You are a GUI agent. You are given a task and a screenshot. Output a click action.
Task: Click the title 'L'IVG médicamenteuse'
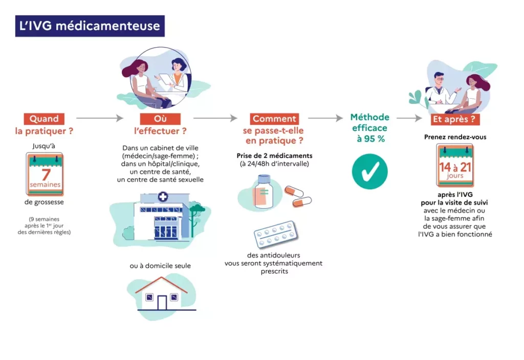90,26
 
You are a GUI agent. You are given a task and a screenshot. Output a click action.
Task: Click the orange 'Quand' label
43,119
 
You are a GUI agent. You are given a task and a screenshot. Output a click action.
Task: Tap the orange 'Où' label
160,119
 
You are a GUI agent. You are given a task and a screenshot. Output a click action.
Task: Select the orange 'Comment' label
274,119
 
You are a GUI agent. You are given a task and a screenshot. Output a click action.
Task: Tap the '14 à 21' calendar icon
455,166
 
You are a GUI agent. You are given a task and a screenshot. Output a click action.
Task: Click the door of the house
162,302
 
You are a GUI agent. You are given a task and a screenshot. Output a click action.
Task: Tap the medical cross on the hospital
163,197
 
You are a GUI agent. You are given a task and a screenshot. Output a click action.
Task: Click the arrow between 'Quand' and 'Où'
100,119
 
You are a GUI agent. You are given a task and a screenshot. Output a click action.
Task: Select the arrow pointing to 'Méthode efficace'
325,119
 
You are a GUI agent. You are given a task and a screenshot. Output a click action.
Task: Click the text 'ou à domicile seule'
160,266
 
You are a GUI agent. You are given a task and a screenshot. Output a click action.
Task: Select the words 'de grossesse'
45,202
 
